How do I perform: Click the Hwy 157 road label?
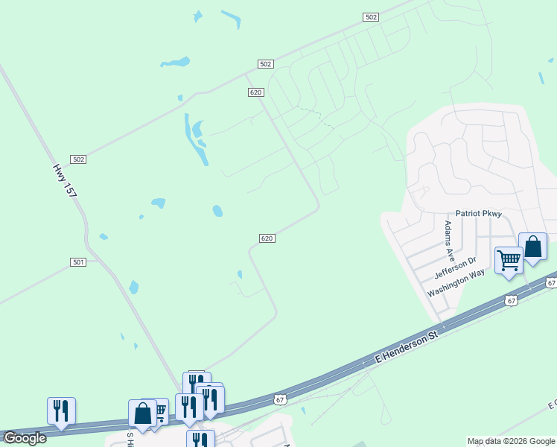pos(64,181)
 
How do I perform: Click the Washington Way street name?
pos(456,283)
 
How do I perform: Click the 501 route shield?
pos(79,262)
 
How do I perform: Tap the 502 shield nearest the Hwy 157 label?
pos(79,159)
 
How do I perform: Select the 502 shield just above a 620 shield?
pos(265,64)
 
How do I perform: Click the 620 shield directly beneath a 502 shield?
pos(255,92)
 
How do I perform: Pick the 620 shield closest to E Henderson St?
pos(268,238)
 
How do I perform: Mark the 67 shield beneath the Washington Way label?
pos(510,300)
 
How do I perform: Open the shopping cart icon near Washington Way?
pos(509,261)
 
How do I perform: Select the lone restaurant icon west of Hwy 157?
pos(61,410)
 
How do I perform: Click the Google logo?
pos(24,438)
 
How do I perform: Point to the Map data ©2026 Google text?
pos(510,441)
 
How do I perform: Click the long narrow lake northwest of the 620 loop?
pos(198,142)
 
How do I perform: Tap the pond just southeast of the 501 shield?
pos(133,287)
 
